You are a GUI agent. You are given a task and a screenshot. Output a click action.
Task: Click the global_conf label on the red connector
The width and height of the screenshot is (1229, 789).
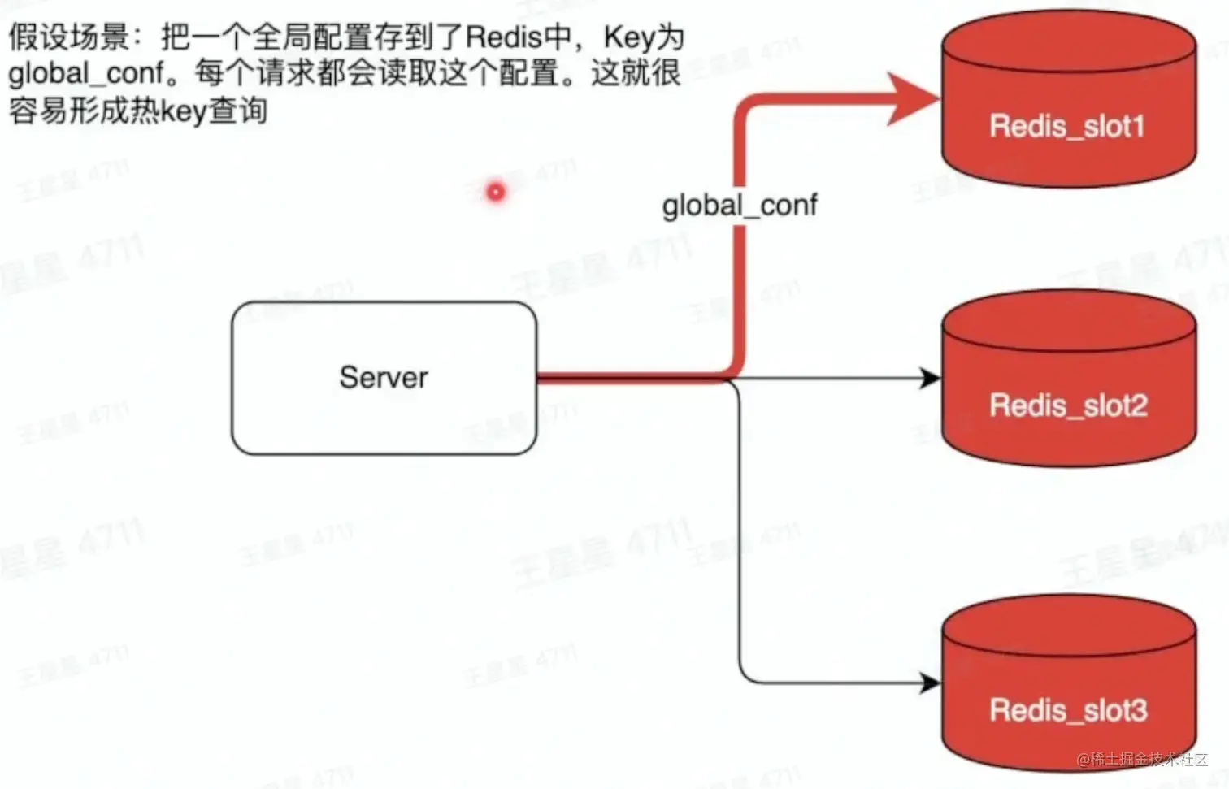point(739,205)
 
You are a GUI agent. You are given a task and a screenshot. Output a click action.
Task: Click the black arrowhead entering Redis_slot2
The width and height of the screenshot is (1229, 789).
point(929,378)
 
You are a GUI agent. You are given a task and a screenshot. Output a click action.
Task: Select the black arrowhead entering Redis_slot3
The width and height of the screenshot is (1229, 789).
point(929,683)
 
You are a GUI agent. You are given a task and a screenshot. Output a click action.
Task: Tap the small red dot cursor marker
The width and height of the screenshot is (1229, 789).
point(495,192)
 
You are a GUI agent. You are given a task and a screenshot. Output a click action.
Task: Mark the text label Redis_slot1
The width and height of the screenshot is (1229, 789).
point(1067,126)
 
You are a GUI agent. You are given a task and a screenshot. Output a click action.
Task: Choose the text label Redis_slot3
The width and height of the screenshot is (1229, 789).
point(1068,710)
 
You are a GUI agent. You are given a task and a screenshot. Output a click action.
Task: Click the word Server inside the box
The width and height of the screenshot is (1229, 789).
point(383,377)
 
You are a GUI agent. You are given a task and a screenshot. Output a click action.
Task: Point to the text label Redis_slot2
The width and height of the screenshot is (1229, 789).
point(1068,405)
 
